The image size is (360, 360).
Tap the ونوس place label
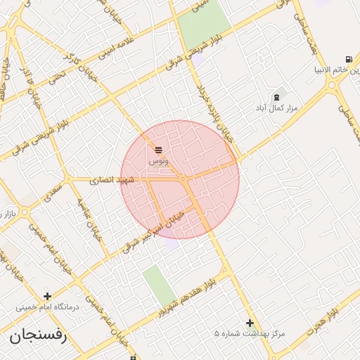158,161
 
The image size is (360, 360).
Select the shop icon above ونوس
158,150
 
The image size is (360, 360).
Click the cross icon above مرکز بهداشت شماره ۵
250,323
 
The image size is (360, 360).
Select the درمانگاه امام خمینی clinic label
48,307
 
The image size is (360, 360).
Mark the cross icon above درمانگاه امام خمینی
47,296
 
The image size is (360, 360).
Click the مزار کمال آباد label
276,108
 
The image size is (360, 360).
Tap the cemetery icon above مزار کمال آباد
276,97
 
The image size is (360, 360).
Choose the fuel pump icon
349,60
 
